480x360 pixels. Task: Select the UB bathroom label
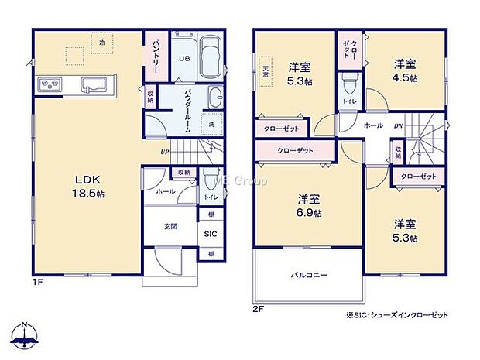[x=186, y=59]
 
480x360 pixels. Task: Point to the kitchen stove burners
[x=46, y=84]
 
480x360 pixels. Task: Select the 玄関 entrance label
[x=170, y=227]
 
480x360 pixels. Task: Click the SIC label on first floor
[x=211, y=233]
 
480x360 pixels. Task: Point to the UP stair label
[x=165, y=152]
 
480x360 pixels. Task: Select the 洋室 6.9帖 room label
[x=308, y=204]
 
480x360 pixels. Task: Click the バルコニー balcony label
[x=309, y=274]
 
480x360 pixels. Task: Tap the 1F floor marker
[x=36, y=283]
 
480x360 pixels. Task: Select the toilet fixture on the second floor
[x=350, y=81]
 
